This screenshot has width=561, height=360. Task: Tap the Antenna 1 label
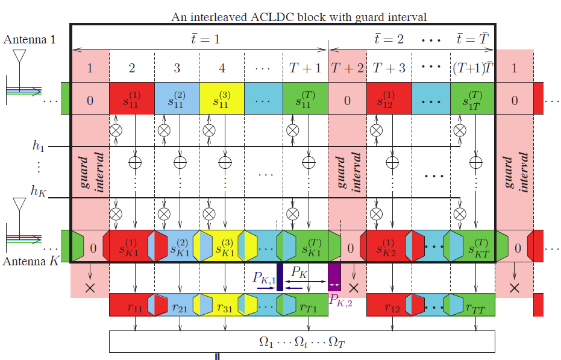[x=30, y=40]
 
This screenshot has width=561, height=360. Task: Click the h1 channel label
[x=39, y=146]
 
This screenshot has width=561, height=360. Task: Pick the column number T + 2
[x=347, y=68]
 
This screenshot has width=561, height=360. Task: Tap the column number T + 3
[x=388, y=68]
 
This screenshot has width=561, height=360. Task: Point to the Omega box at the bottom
[x=301, y=341]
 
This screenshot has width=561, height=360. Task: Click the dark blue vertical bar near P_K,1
[x=280, y=277]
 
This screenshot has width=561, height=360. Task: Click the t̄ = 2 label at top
[x=389, y=39]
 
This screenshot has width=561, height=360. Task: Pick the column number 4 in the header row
[x=222, y=68]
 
